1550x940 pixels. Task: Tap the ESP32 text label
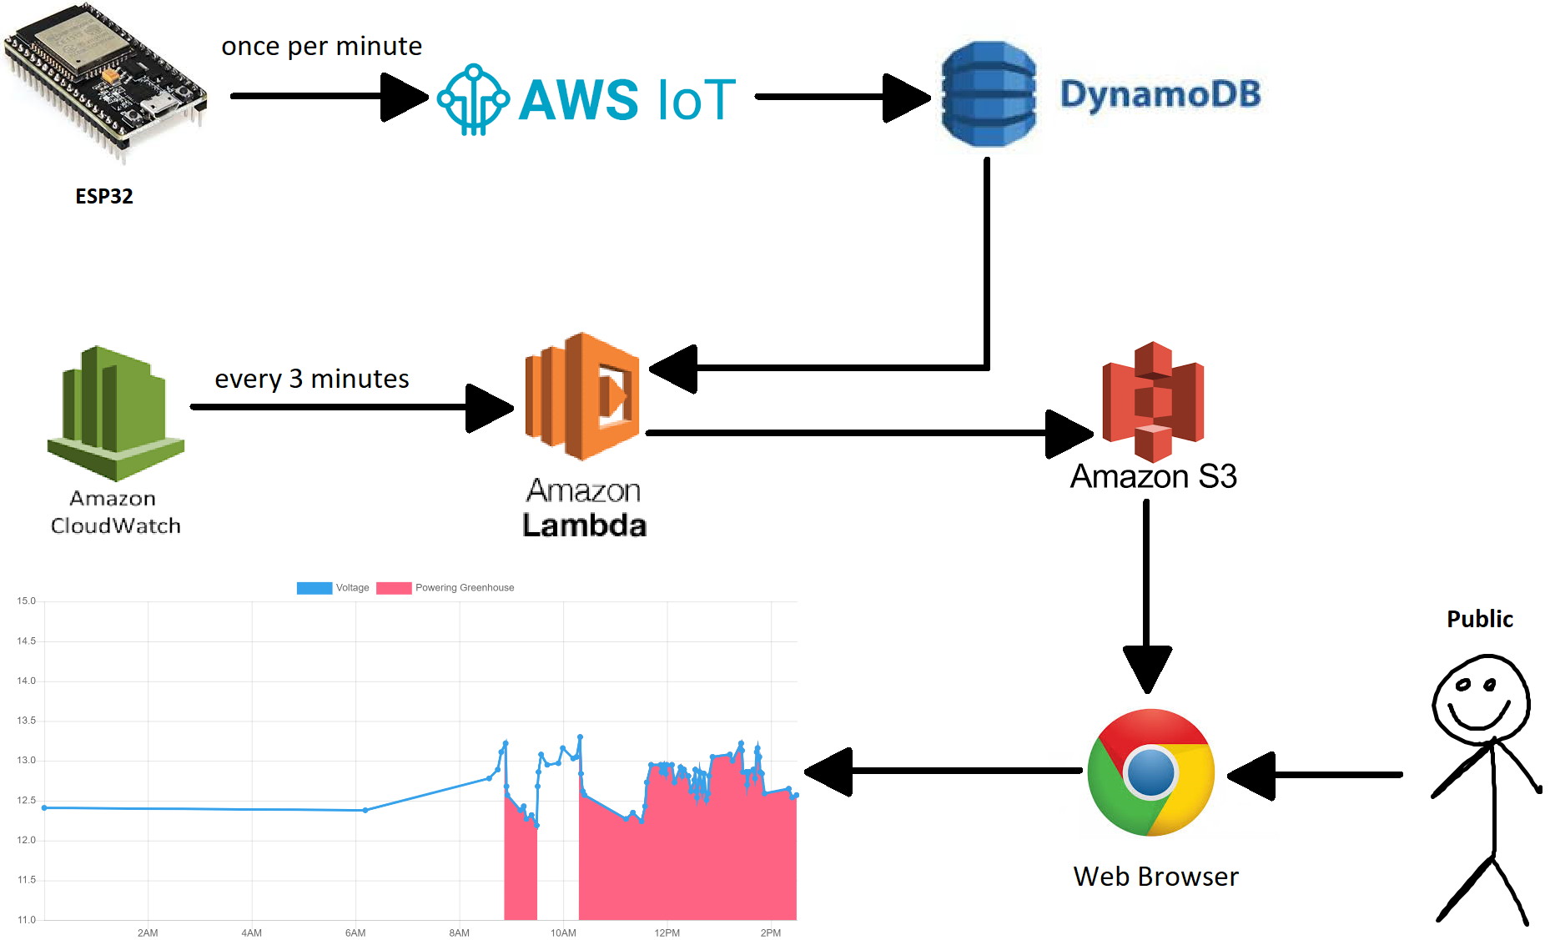(104, 196)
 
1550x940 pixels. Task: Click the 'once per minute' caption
(321, 46)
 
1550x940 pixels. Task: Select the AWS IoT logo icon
(473, 99)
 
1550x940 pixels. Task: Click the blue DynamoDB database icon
(989, 94)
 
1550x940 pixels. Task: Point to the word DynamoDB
(1160, 94)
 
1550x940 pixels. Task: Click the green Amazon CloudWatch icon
(115, 413)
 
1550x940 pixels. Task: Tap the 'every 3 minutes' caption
(312, 379)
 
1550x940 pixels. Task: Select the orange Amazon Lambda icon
(582, 396)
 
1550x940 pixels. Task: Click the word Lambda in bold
(584, 525)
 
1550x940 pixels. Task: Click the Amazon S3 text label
(1153, 476)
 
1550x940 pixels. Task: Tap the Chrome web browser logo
(1150, 772)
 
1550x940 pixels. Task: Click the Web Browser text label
(1155, 877)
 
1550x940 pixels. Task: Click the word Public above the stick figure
(1479, 619)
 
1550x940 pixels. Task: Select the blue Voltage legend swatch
(314, 588)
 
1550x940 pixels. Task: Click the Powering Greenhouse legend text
(465, 588)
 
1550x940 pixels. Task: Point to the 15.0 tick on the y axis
(27, 601)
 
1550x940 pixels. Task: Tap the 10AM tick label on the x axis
(563, 932)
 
